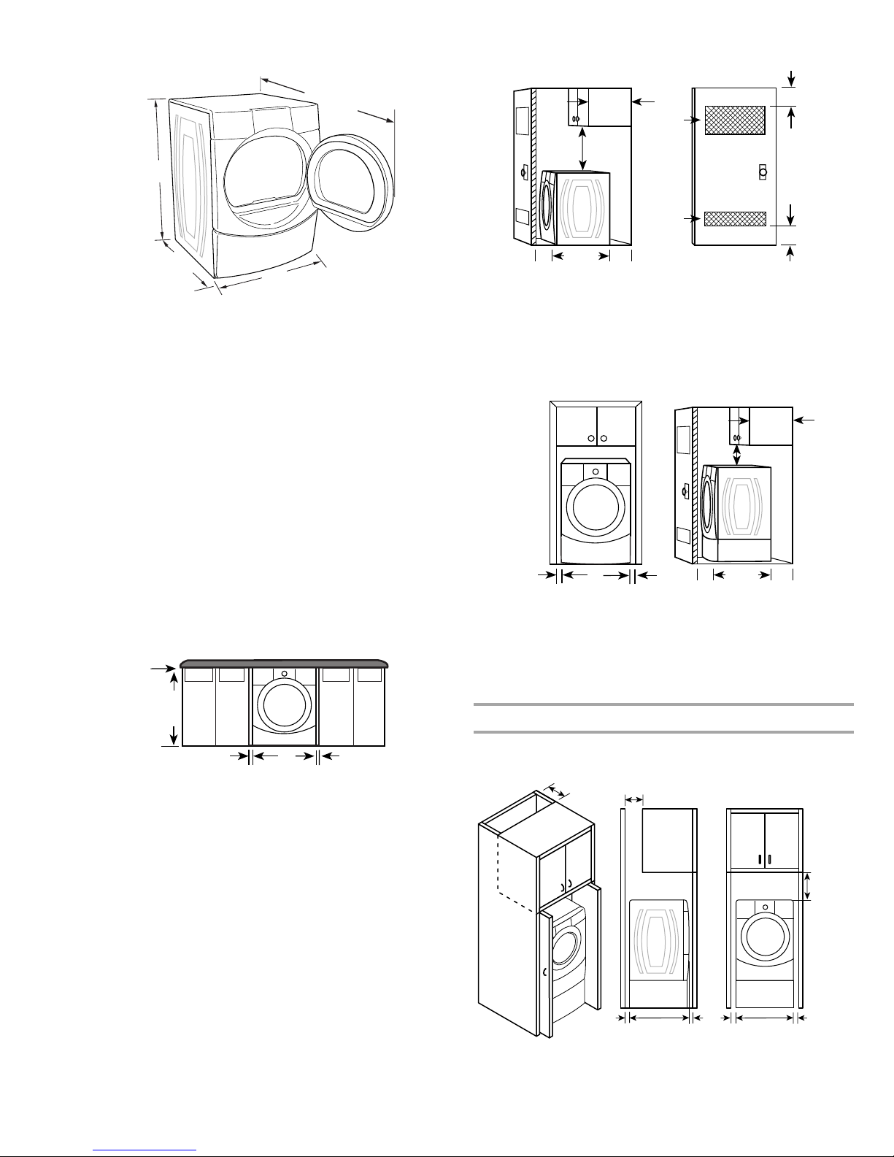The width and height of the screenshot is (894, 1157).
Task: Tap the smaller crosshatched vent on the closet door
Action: pyautogui.click(x=735, y=218)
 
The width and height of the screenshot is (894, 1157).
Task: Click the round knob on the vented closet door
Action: pyautogui.click(x=762, y=171)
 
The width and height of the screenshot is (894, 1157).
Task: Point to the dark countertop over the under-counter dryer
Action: pyautogui.click(x=285, y=662)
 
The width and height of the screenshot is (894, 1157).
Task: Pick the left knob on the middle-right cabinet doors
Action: pyautogui.click(x=590, y=439)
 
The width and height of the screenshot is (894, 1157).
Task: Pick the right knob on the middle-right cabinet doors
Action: pyautogui.click(x=604, y=439)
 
